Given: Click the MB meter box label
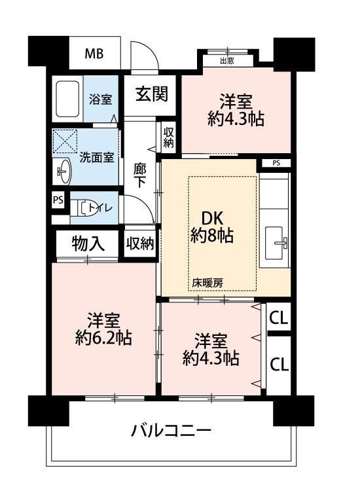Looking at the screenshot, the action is point(94,54).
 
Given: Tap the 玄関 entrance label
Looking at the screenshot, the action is point(152,94).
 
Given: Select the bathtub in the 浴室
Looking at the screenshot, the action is point(67,99).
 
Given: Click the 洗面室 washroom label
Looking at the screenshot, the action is point(96,157).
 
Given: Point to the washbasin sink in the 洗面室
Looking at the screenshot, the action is point(64,171).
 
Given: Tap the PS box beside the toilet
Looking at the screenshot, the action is point(58,200).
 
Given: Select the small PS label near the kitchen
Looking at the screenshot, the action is point(276,163).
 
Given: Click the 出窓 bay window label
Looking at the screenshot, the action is point(227,61).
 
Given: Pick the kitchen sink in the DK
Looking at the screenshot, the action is point(276,243).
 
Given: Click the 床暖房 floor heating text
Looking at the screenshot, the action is point(207,283).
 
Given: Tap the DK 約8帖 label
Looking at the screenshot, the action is point(212,227).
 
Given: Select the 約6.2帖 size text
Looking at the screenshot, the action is point(103,338).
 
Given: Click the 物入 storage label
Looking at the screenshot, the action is point(88,244).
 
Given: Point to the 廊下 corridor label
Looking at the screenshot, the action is point(139,175).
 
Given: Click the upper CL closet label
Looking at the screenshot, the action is point(279,318).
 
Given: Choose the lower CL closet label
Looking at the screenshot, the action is point(279,364).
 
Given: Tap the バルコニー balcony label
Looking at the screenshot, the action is point(171,431).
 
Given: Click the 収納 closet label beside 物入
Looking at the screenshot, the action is point(140,244).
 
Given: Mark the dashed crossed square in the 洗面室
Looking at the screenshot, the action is point(65,141).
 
